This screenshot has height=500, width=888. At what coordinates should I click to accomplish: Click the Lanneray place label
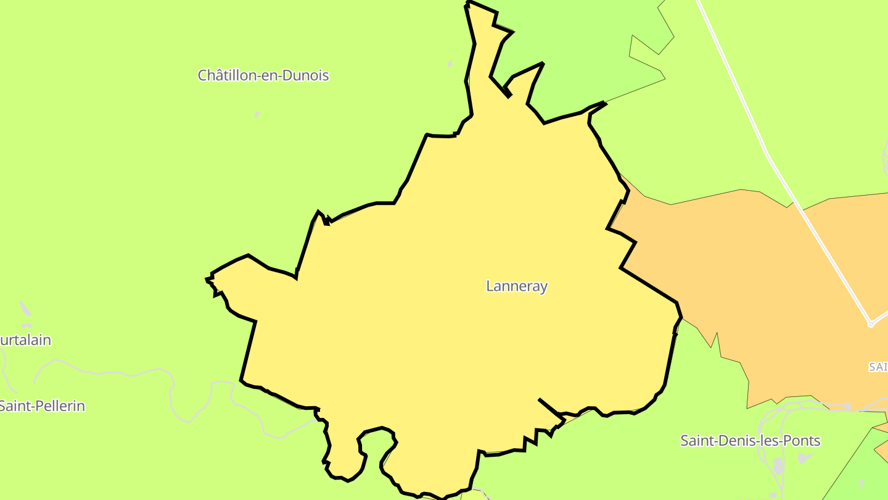(x=517, y=286)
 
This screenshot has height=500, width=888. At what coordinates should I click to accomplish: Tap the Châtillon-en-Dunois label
(x=263, y=75)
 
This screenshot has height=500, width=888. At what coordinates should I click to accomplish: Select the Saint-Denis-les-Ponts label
(x=750, y=441)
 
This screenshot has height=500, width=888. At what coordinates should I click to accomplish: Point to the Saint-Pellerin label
(x=42, y=406)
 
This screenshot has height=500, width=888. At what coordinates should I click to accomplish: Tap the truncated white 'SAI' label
(x=878, y=367)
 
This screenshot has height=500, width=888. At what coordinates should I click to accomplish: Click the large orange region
(x=771, y=278)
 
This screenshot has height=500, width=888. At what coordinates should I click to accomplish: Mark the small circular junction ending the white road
(x=871, y=323)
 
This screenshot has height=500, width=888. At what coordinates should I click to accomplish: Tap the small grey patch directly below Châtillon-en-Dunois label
(x=257, y=114)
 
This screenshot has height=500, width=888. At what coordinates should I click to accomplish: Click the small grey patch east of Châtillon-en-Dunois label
(x=450, y=64)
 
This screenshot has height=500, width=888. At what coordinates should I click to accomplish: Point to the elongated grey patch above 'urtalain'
(x=25, y=308)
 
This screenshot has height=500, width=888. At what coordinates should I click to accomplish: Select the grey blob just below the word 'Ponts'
(x=804, y=458)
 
